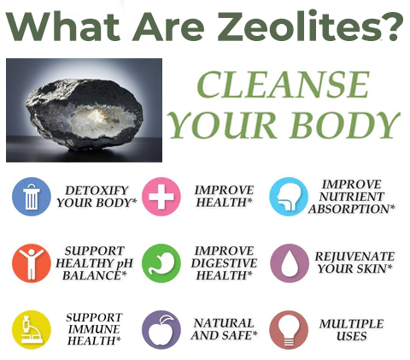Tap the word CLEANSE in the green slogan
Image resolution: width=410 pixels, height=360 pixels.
tap(282, 86)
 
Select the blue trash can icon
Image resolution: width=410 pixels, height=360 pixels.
tap(32, 197)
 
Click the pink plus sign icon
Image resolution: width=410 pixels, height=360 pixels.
tap(161, 197)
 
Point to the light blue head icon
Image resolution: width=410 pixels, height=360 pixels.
tap(289, 197)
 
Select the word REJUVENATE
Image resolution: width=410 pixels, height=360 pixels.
tap(354, 256)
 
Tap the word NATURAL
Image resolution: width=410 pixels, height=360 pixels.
tap(225, 323)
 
